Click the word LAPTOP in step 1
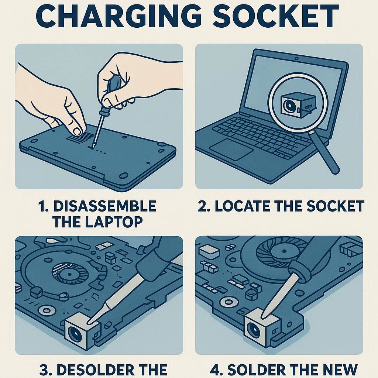114,222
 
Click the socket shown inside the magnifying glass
299,105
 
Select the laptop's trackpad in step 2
231,149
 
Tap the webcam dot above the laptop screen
296,58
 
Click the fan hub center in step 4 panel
284,251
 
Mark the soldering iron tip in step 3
89,322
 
